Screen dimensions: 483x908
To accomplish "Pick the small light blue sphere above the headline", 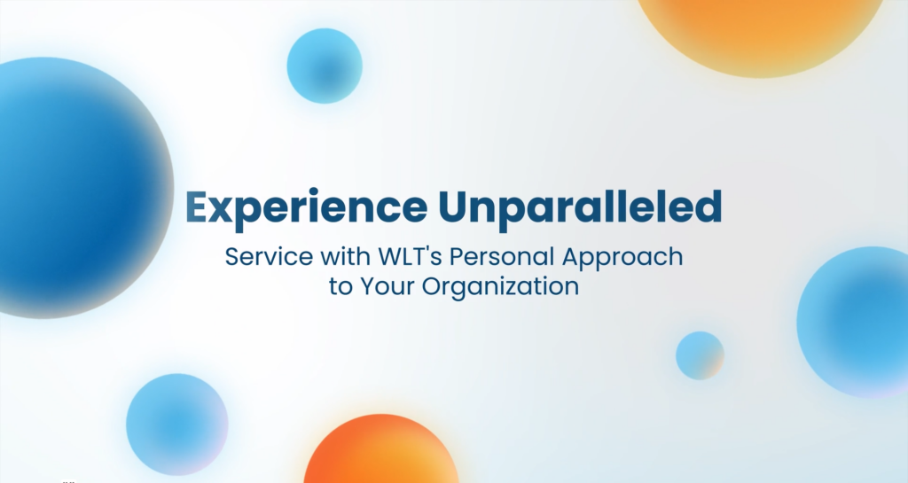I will [325, 66].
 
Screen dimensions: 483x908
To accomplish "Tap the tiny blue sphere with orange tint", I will [700, 355].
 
